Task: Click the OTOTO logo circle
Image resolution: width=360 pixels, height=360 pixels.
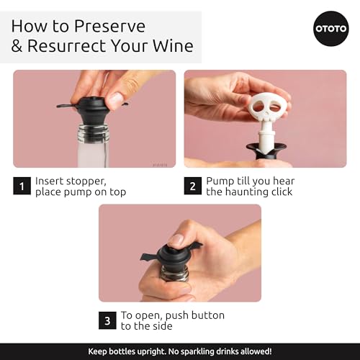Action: point(331,29)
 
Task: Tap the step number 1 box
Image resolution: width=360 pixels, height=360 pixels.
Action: point(22,186)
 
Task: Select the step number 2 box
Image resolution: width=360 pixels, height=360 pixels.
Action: point(193,186)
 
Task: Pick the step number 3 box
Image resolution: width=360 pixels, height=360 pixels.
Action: point(107,320)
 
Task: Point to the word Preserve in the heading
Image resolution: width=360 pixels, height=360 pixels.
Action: point(109,26)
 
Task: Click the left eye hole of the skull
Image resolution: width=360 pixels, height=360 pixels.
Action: point(260,106)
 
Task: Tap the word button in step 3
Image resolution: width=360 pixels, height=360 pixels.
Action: point(207,315)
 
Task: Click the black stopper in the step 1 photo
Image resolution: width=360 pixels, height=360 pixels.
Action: point(92,111)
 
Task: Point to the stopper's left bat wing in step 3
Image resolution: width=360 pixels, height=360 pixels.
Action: point(149,257)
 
